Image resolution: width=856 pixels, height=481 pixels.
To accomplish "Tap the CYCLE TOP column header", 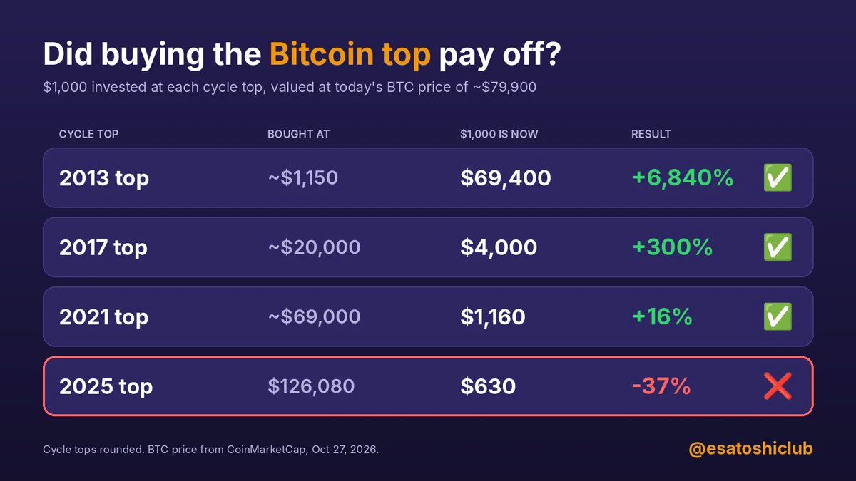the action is (88, 134).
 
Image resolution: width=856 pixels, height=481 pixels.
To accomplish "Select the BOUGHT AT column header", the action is (298, 134).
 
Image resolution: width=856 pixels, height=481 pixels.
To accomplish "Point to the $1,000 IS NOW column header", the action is (499, 134).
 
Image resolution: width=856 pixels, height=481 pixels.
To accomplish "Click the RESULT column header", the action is (651, 134).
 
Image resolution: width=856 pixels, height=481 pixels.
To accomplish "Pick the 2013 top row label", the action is (104, 179).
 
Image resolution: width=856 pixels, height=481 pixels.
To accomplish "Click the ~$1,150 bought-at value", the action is (303, 178).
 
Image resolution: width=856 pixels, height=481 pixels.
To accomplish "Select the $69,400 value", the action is (506, 178).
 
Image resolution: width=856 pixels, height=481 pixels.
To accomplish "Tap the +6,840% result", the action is (683, 178).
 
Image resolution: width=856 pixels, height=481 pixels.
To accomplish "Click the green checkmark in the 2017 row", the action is (778, 247).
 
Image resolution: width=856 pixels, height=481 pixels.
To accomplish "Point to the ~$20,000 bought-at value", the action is (314, 247).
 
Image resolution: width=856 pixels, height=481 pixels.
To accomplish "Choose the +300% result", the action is (673, 247).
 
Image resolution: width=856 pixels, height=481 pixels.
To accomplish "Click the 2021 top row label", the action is (103, 318).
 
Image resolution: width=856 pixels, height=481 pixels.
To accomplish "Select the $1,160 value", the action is (493, 317).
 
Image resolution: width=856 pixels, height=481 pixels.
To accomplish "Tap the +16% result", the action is (662, 316).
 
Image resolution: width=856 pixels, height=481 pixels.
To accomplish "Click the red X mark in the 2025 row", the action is (778, 386).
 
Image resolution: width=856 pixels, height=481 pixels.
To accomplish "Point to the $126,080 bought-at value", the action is (311, 386).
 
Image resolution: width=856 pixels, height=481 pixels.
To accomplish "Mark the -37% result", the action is (661, 386).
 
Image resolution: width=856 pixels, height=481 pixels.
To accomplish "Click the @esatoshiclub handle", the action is (750, 449).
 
